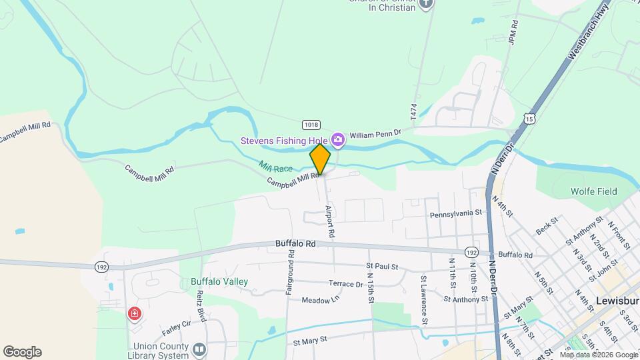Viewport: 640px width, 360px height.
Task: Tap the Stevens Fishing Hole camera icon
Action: click(338, 139)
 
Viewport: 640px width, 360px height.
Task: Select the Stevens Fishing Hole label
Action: click(286, 140)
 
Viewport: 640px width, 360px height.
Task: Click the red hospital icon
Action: click(135, 313)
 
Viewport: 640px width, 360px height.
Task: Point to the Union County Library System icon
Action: click(199, 349)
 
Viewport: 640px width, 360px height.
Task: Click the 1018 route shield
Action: click(311, 125)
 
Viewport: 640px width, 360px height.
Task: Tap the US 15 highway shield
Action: click(529, 118)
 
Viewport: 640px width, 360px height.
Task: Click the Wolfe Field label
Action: click(593, 191)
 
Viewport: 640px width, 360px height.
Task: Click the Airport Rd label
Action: click(329, 222)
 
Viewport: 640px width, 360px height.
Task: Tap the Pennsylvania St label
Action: click(455, 213)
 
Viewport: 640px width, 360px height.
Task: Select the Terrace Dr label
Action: click(345, 284)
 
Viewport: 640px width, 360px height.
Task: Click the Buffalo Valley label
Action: click(219, 281)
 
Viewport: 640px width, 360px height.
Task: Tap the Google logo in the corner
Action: click(22, 351)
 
